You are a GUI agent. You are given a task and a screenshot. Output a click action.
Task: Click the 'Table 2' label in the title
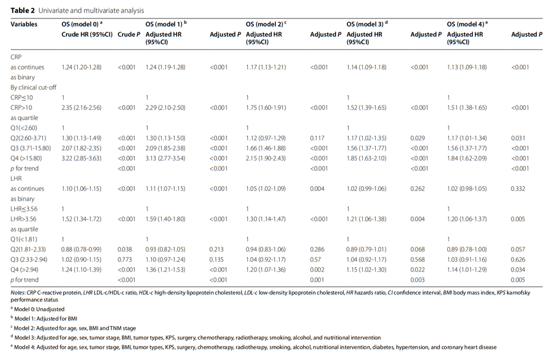pos(23,11)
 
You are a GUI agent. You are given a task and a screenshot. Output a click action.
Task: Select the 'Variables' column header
pos(24,24)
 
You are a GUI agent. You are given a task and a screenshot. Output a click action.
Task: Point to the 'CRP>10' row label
pos(21,108)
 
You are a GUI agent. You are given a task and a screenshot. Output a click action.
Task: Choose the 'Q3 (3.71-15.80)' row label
pos(30,148)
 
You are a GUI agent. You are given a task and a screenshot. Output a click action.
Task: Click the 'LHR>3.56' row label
pos(24,219)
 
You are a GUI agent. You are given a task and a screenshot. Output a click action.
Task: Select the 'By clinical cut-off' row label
pos(33,87)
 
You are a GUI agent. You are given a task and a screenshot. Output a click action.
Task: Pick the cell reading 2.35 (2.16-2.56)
pos(81,108)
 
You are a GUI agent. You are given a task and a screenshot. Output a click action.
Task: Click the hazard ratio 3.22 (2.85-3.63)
pos(81,158)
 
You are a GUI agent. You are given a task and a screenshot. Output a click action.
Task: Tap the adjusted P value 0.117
pos(317,138)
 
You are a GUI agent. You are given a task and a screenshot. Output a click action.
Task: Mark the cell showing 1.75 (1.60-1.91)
pos(266,108)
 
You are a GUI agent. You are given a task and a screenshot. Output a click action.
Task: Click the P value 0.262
pos(418,189)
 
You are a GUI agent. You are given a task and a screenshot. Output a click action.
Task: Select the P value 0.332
pos(518,189)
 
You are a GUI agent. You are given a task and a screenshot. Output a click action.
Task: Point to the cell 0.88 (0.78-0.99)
pos(81,249)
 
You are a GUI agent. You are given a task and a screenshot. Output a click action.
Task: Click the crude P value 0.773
pos(125,259)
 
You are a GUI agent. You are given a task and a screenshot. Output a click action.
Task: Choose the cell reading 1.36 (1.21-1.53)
pos(165,270)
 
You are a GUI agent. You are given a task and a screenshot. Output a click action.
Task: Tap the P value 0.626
pos(518,259)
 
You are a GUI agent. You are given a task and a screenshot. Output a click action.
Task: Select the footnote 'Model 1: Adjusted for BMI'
pos(45,319)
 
